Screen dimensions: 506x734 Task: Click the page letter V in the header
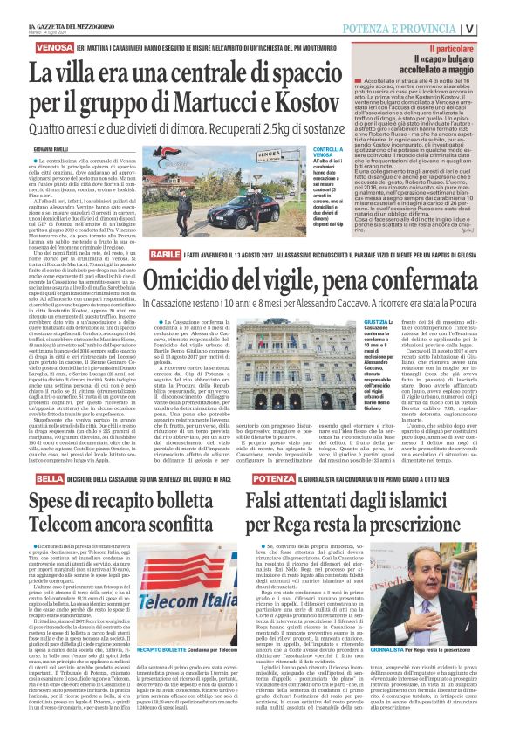[x=494, y=26]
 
